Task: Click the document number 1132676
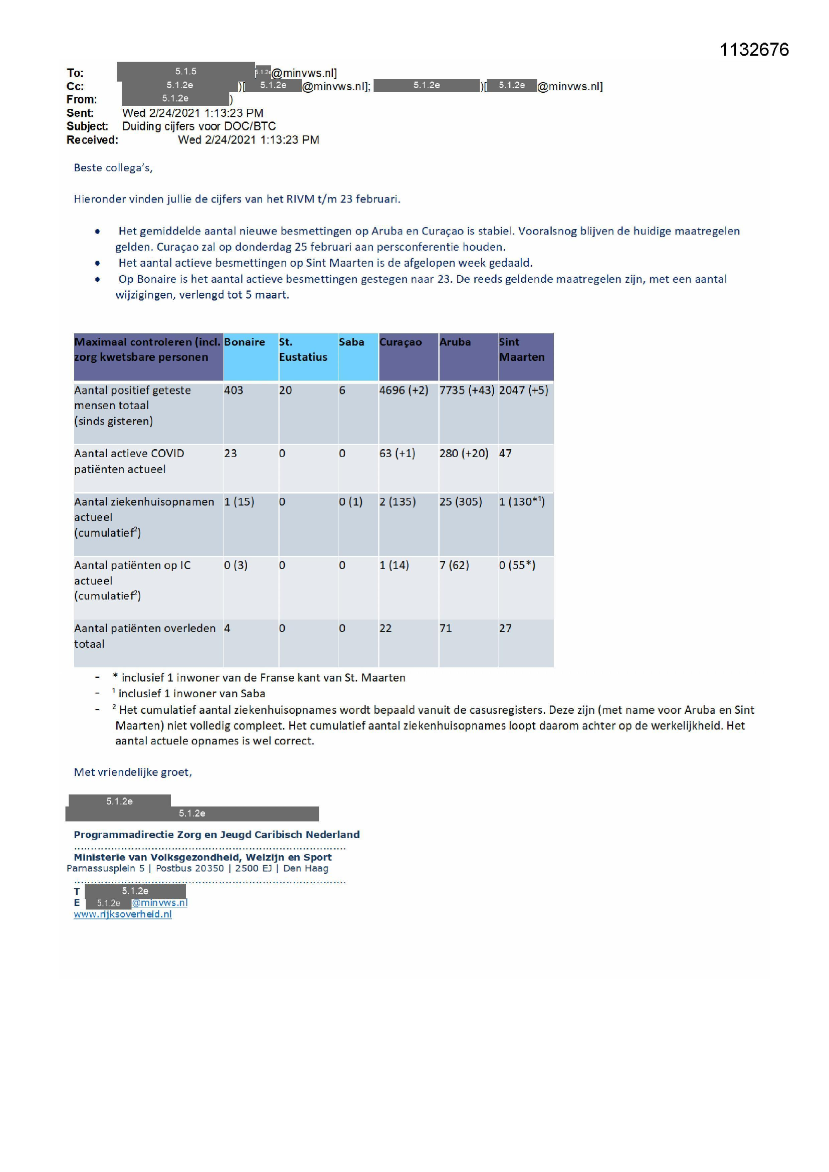point(754,50)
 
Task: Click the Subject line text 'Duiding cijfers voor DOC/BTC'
point(198,126)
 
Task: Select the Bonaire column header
point(245,342)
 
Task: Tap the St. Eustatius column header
point(303,350)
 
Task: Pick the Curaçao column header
point(401,342)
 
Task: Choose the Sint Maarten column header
point(522,350)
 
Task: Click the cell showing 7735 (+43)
point(467,390)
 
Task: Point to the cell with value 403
point(234,390)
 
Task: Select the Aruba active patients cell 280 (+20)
point(464,453)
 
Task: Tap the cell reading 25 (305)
point(461,502)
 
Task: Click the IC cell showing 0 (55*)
point(517,565)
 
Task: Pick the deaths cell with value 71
point(446,629)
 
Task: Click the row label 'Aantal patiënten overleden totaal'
point(144,636)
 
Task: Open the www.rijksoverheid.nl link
point(122,914)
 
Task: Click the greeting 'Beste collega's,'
point(113,168)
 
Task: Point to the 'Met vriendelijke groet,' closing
point(133,772)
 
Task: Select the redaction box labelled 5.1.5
point(186,72)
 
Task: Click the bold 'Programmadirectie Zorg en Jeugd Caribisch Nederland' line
point(217,835)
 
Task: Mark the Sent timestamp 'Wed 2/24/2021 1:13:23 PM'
point(192,113)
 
